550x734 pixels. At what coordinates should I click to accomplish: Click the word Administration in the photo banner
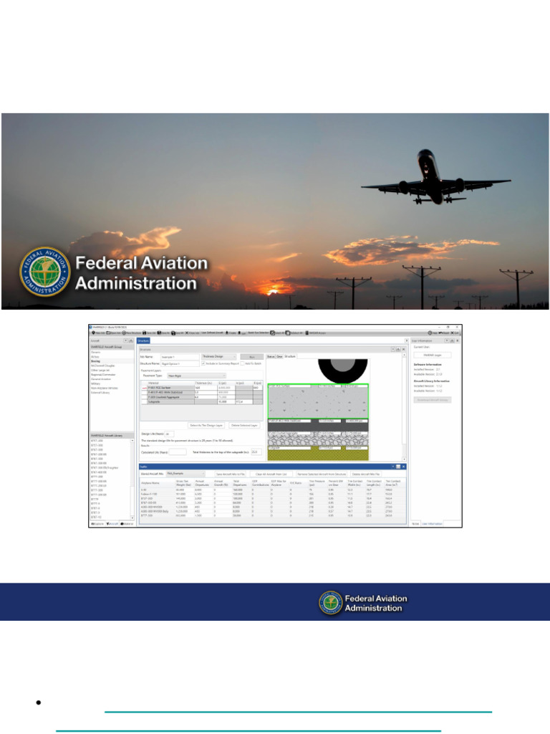(x=136, y=283)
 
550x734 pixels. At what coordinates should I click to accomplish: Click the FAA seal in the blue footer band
(x=331, y=603)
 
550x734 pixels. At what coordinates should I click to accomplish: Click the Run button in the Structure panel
(x=251, y=356)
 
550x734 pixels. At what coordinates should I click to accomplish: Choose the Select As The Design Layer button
(x=206, y=425)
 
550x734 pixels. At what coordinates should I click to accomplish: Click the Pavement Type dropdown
(x=196, y=375)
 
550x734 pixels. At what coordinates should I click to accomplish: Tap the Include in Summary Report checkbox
(x=204, y=363)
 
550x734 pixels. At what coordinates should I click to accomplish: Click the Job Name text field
(x=179, y=356)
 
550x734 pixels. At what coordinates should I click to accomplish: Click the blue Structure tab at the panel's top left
(x=143, y=341)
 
